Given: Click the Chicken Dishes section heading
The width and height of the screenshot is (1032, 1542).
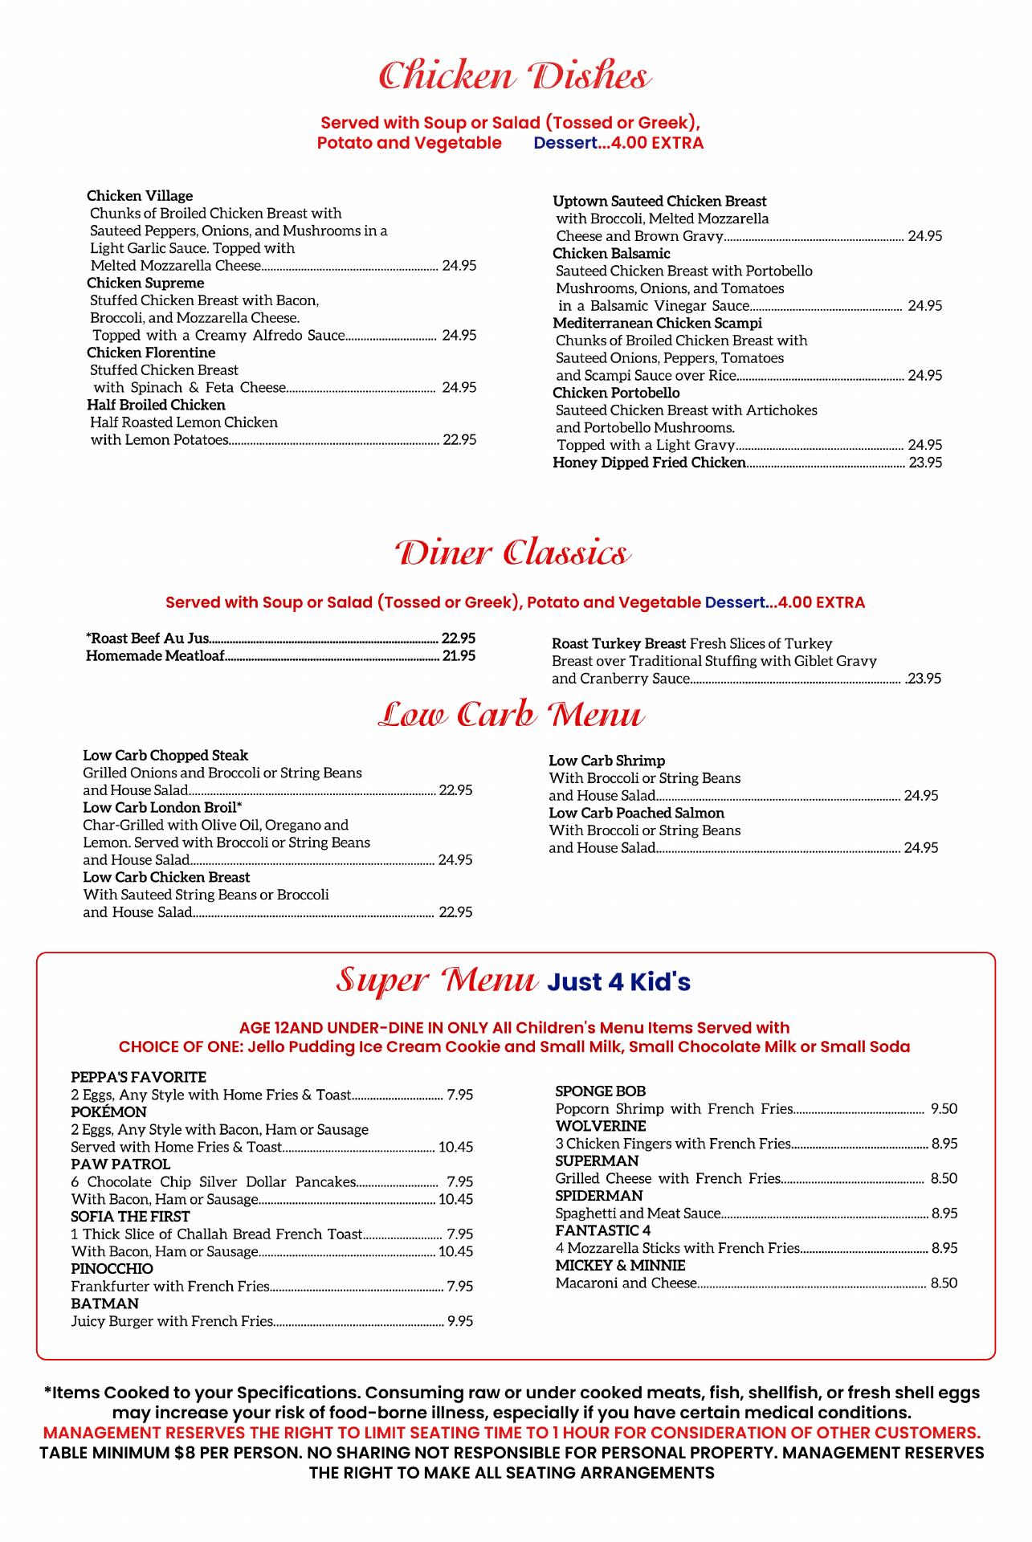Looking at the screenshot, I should tap(515, 77).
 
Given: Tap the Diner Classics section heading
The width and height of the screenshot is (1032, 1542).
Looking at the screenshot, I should tap(512, 554).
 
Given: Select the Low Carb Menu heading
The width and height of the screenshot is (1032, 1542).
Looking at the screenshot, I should tap(512, 715).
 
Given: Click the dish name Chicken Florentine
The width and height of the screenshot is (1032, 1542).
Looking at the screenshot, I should tap(151, 353).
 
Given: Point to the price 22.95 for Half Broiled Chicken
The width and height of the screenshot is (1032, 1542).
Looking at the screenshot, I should tap(459, 440).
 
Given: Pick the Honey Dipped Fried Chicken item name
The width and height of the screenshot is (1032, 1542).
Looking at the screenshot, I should tap(649, 463).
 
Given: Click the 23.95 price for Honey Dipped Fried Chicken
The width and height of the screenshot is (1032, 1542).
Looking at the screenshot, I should tap(925, 463).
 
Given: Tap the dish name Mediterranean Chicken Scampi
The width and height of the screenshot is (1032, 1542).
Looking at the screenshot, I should tap(657, 323).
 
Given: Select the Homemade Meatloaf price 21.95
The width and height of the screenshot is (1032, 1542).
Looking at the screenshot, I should tap(459, 656).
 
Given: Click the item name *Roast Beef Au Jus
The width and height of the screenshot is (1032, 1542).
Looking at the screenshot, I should tap(147, 638).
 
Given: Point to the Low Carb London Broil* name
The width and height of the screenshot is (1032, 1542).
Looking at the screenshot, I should tap(162, 807).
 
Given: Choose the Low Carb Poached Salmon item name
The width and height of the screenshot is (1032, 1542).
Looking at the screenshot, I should tap(636, 813).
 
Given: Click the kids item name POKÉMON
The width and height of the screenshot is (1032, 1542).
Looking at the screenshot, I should tap(108, 1112).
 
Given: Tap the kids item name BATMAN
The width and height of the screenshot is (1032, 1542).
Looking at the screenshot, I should tap(104, 1303).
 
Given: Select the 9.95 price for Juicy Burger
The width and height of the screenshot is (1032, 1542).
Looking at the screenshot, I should tap(459, 1321).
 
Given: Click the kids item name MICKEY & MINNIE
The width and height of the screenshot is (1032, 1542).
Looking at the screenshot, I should tap(620, 1266).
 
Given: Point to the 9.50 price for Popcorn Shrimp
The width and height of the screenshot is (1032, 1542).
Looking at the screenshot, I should tap(944, 1109).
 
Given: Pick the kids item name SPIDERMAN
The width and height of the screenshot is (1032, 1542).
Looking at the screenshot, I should tap(598, 1196).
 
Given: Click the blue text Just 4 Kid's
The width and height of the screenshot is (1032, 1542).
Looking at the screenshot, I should tap(618, 982).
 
